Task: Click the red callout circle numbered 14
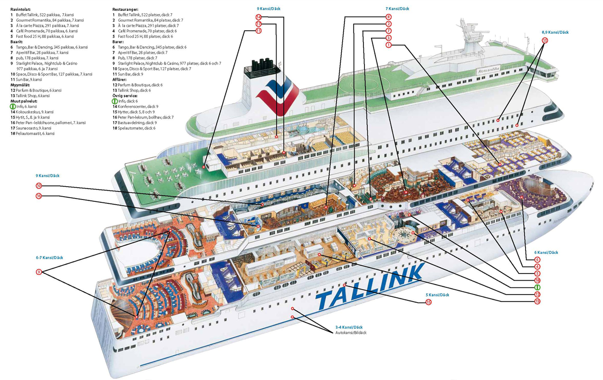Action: (x=258, y=18)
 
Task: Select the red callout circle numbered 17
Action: (x=258, y=24)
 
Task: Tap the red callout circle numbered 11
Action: (x=258, y=31)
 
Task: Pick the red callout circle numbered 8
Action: (x=388, y=17)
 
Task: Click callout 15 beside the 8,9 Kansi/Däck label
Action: (x=545, y=41)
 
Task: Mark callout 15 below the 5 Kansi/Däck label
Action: (x=429, y=302)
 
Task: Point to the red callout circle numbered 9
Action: (x=39, y=272)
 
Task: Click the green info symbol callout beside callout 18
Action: (x=537, y=287)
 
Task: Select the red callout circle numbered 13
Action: (x=537, y=301)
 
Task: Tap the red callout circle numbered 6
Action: (x=537, y=260)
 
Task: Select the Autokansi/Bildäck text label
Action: (x=351, y=332)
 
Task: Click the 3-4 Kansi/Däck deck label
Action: (x=349, y=327)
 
